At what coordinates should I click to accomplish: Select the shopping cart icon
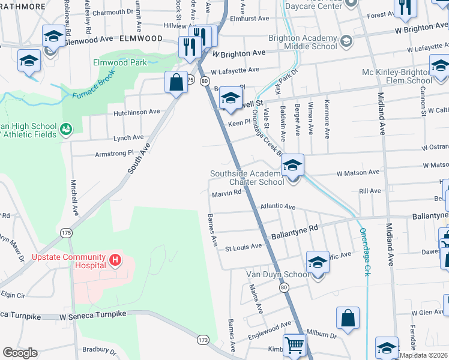[294, 345]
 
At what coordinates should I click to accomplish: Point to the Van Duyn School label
[277, 275]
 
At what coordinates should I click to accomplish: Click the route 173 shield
[204, 340]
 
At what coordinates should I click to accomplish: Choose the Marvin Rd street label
[226, 193]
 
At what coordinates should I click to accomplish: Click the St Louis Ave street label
[244, 246]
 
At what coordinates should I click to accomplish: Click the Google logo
[20, 352]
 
